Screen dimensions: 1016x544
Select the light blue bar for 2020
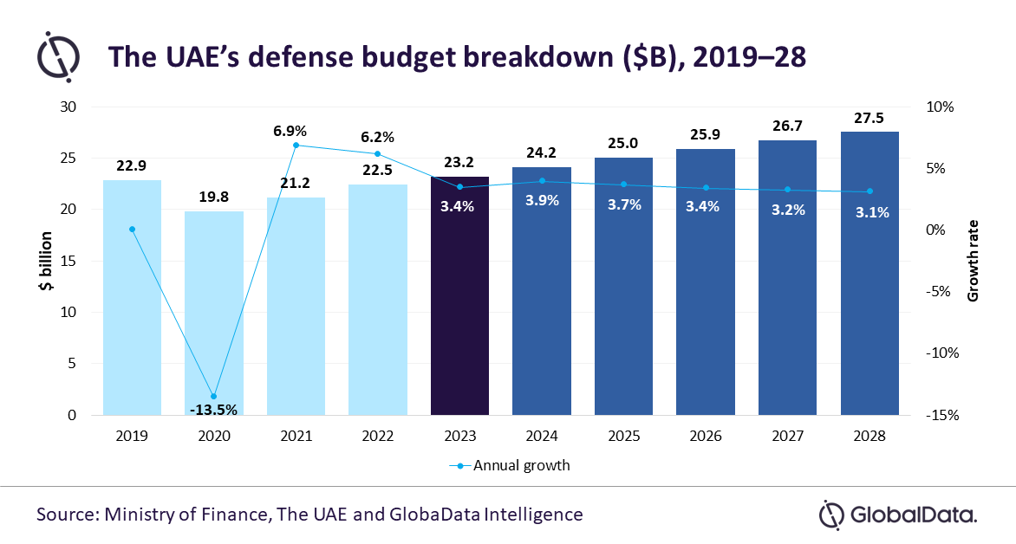click(x=214, y=313)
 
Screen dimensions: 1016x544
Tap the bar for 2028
click(x=869, y=273)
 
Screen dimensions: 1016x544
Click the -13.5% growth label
click(x=213, y=410)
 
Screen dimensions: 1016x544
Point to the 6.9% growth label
click(x=290, y=131)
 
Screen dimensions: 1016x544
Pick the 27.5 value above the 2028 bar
click(x=869, y=118)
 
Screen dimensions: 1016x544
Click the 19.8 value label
click(x=214, y=197)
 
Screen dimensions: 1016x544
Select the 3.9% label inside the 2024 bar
click(x=542, y=200)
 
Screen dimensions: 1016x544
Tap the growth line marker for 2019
click(x=132, y=230)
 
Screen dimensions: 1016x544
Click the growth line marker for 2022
click(x=378, y=154)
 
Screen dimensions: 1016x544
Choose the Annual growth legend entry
click(x=510, y=466)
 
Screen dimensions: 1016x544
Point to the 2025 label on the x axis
click(x=623, y=436)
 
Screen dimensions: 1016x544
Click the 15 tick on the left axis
click(x=68, y=261)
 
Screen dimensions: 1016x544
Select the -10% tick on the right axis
click(x=942, y=353)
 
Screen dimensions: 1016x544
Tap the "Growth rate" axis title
click(x=973, y=261)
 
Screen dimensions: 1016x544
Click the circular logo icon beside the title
click(x=58, y=58)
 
